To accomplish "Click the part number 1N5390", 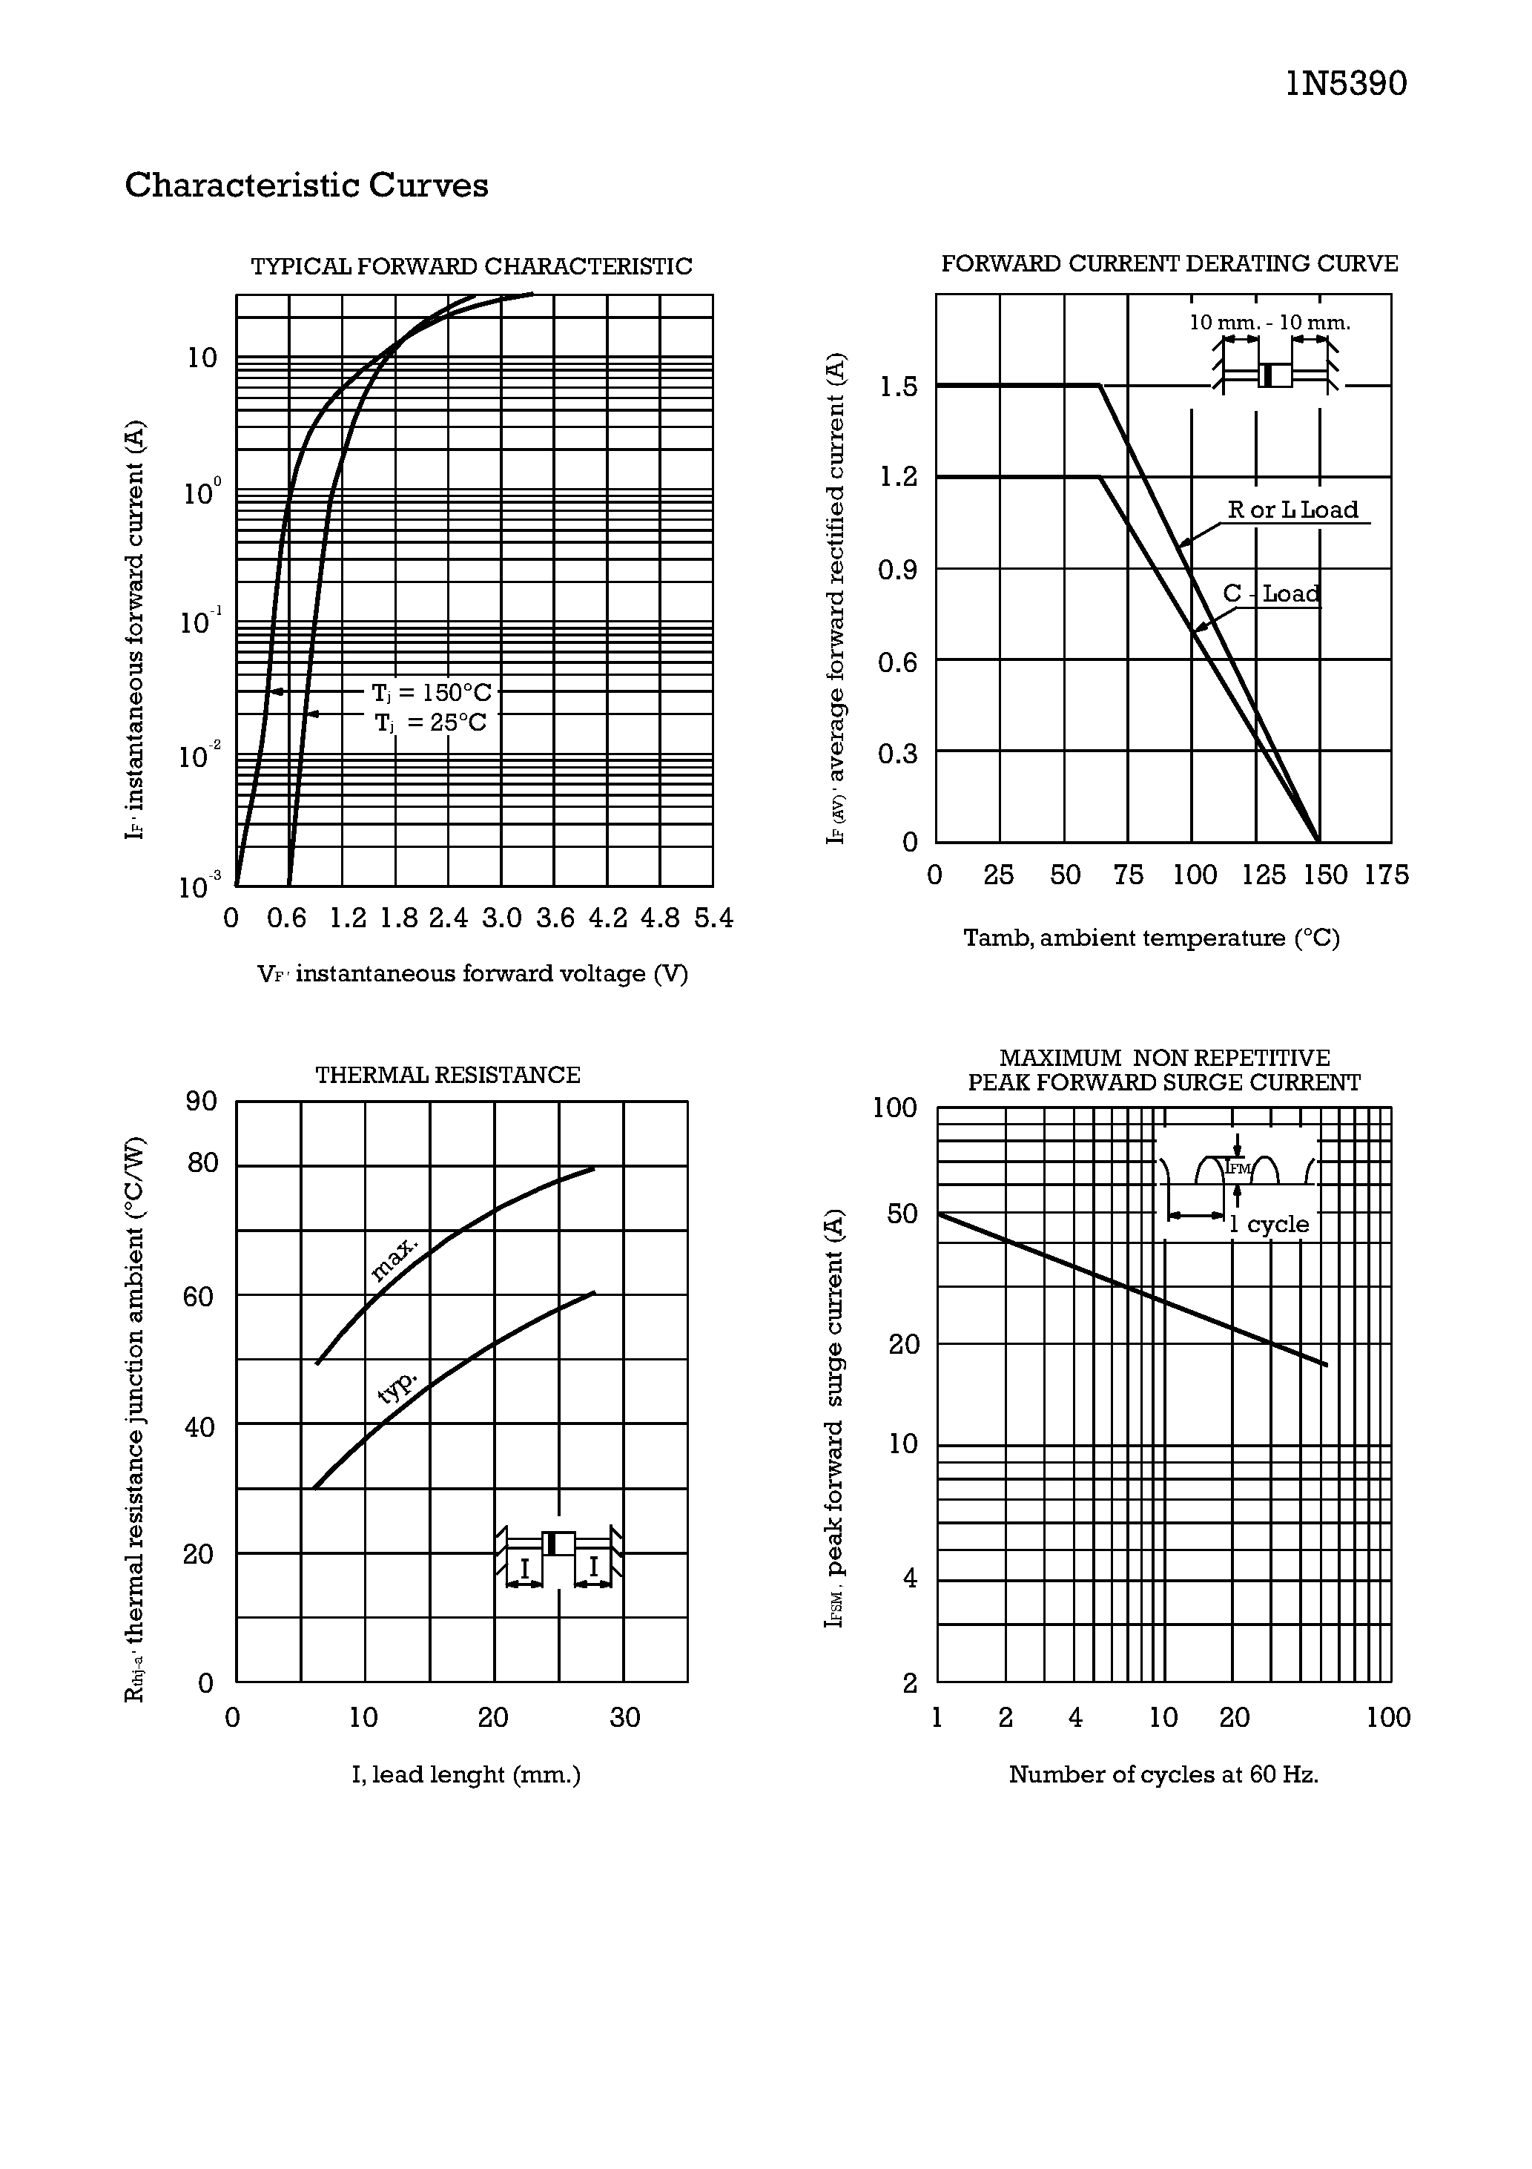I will click(x=1345, y=84).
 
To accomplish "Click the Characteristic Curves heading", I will click(x=306, y=185).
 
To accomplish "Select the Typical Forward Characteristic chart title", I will click(x=472, y=266).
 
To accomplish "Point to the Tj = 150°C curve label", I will click(x=431, y=692).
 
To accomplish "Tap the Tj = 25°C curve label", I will click(x=431, y=723).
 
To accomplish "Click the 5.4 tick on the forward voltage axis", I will click(x=713, y=918).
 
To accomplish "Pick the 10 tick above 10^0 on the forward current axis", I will click(x=202, y=358).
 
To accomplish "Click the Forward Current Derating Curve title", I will click(x=1169, y=263).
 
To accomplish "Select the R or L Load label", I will click(x=1292, y=510).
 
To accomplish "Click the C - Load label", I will click(x=1270, y=593).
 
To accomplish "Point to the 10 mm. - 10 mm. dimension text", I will click(x=1269, y=322).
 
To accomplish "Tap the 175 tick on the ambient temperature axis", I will click(x=1386, y=875).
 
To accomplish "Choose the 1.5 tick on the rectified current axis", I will click(x=897, y=386).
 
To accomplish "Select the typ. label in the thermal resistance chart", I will click(x=397, y=1387).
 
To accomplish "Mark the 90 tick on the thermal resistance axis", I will click(x=201, y=1102).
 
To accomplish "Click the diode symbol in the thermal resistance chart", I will click(x=558, y=1544).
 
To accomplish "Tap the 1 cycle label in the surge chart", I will click(x=1269, y=1224).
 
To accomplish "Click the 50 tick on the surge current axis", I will click(x=902, y=1214).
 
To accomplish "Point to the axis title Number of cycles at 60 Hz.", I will click(x=1163, y=1774).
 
